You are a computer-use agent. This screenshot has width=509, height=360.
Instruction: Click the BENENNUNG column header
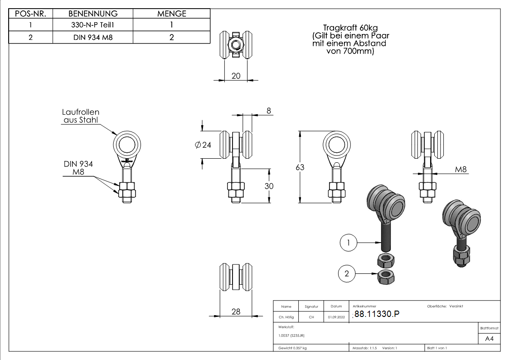coord(93,14)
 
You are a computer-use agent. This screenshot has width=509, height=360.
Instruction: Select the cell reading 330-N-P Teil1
coord(93,25)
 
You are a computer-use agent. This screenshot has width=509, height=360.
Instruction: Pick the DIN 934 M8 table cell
coord(93,37)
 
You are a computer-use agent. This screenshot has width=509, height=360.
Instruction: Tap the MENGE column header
coord(171,14)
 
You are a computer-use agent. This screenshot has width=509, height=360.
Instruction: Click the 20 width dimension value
coord(236,76)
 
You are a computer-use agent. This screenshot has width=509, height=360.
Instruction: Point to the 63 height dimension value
coord(300,167)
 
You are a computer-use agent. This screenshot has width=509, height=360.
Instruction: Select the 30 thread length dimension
coord(269,186)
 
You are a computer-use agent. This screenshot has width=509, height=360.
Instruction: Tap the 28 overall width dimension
coord(236,311)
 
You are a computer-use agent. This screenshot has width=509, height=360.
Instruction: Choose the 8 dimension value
coord(268,110)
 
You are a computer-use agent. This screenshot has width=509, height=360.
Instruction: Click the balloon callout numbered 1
coord(348,243)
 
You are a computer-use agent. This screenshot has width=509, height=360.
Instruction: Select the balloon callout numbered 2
coord(347,273)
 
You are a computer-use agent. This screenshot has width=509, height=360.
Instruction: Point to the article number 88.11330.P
coord(377,315)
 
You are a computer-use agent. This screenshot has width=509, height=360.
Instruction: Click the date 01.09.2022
coord(336,317)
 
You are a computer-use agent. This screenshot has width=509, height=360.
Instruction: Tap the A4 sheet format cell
coord(489,339)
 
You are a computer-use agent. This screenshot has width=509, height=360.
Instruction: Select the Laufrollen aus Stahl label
coord(80,116)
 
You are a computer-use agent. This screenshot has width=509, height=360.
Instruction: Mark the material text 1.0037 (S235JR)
coord(291,336)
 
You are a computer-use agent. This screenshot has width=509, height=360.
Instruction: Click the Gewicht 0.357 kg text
coord(292,348)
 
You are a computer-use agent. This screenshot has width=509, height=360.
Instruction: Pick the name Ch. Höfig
coord(286,317)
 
